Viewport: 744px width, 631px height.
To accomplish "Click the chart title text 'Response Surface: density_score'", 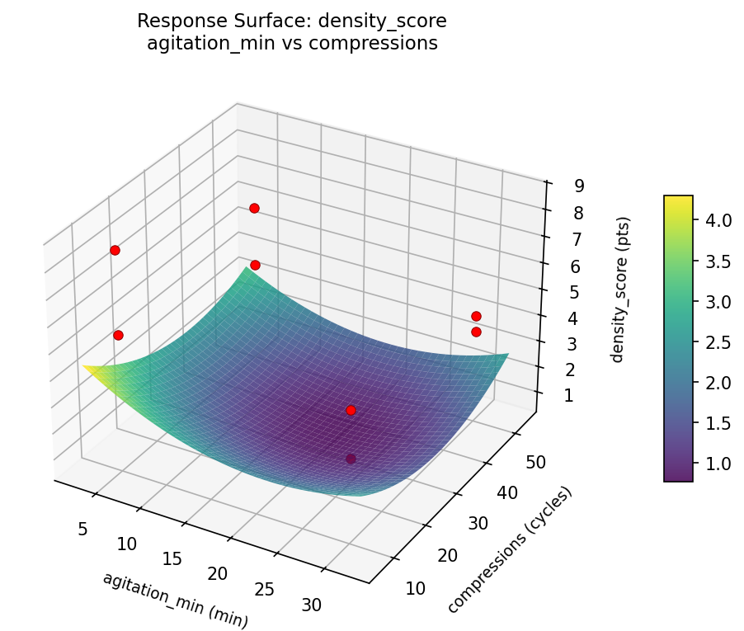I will pyautogui.click(x=292, y=21).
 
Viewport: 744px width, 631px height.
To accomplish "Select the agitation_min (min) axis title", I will pyautogui.click(x=175, y=600).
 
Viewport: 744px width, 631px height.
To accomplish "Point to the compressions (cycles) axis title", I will pyautogui.click(x=510, y=550).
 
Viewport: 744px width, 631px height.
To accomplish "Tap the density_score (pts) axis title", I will pyautogui.click(x=624, y=290).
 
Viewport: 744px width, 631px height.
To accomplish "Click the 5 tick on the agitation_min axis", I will pyautogui.click(x=82, y=529).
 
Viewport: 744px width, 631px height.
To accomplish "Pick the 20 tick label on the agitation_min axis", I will pyautogui.click(x=218, y=574).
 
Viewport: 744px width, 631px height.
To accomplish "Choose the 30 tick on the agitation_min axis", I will pyautogui.click(x=312, y=605).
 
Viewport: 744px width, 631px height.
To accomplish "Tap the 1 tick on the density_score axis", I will pyautogui.click(x=567, y=396).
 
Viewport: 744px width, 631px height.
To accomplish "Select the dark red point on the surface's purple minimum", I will pyautogui.click(x=351, y=459).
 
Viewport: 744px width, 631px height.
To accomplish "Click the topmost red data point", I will pyautogui.click(x=254, y=208).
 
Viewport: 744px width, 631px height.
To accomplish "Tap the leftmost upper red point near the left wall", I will pyautogui.click(x=115, y=250).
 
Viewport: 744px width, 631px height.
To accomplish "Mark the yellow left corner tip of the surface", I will pyautogui.click(x=83, y=365).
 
